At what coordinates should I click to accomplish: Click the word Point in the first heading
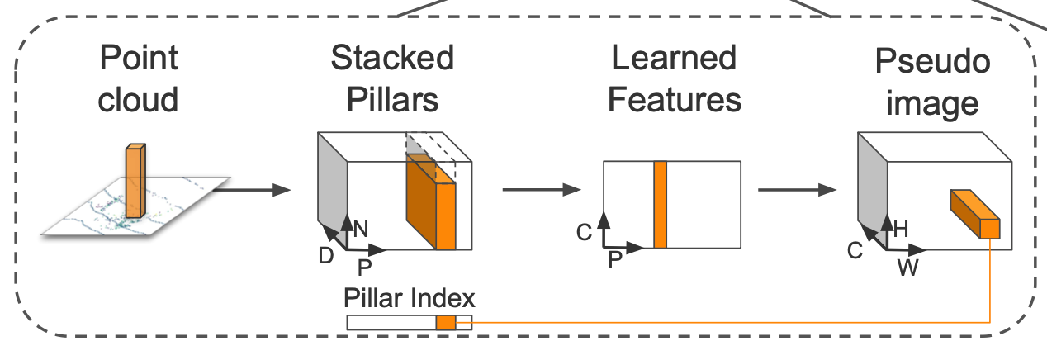(x=138, y=59)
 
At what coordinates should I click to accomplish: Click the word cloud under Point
(x=138, y=100)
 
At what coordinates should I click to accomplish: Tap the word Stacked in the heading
(x=392, y=59)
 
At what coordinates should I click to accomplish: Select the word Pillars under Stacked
(x=392, y=100)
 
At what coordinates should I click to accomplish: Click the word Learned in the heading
(x=674, y=59)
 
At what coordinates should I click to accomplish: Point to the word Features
(x=674, y=100)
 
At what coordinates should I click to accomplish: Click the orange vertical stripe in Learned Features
(x=660, y=205)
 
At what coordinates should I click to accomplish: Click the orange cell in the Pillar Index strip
(x=446, y=323)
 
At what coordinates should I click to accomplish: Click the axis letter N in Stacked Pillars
(x=361, y=230)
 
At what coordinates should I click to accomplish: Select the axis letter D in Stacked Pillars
(x=326, y=256)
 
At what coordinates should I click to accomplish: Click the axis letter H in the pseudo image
(x=901, y=230)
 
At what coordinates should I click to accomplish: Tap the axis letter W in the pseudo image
(x=907, y=269)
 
